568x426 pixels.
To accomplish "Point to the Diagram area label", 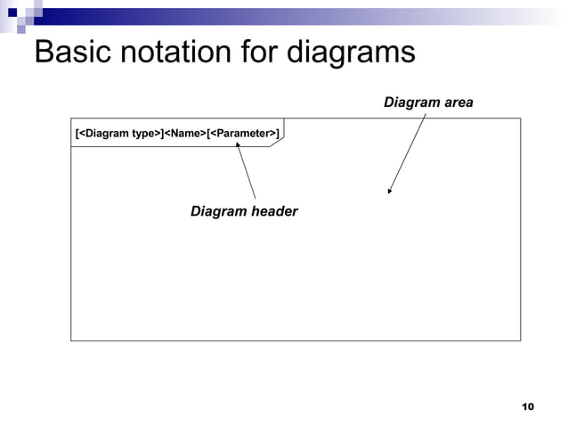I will click(428, 103).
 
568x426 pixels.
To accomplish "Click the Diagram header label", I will click(244, 211).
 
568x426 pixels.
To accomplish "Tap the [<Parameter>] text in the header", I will click(243, 134).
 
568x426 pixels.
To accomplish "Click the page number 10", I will click(526, 406).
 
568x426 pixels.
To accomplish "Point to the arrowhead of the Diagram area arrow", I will click(390, 191).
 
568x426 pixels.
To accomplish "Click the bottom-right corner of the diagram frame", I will click(520, 340).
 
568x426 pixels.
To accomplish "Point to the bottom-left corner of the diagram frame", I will click(71, 340).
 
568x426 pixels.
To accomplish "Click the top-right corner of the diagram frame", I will click(520, 118).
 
